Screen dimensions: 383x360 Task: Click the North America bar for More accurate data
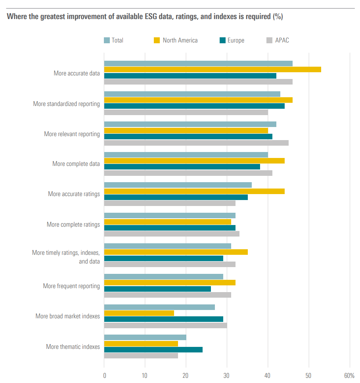click(213, 69)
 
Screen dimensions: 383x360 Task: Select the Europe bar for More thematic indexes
click(153, 350)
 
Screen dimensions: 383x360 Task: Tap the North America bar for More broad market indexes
click(139, 313)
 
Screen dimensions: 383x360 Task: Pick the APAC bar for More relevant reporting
click(196, 143)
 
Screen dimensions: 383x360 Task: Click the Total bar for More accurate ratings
click(178, 185)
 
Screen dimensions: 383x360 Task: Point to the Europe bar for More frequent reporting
click(157, 289)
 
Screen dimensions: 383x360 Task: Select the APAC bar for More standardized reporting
click(186, 112)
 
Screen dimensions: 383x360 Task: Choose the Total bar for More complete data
click(186, 155)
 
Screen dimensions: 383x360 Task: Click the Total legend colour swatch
click(107, 40)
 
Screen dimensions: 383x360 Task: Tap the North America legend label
click(180, 40)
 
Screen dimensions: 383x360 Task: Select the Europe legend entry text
click(236, 40)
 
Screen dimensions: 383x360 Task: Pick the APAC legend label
click(282, 40)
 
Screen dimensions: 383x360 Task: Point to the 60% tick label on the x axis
click(349, 375)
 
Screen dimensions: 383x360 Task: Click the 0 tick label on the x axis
click(104, 375)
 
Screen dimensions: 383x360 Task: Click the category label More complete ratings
click(73, 225)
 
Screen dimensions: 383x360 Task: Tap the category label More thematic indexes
click(73, 347)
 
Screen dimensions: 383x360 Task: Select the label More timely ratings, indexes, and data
click(66, 257)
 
